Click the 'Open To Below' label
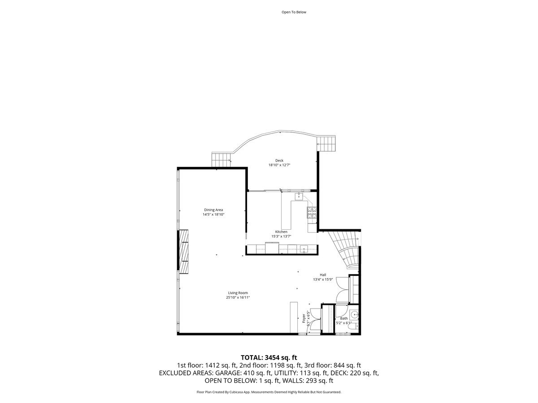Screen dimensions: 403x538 click(294, 12)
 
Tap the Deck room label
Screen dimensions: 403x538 click(279, 160)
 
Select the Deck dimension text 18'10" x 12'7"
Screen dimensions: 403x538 click(279, 165)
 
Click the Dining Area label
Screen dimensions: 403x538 click(213, 210)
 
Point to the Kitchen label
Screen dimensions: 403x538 click(281, 232)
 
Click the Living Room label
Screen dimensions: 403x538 click(238, 293)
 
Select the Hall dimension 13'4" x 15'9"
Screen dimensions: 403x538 click(323, 279)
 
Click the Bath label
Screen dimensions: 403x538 click(343, 318)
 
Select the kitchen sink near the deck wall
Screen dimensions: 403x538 click(299, 196)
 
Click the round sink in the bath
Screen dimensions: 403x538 click(354, 313)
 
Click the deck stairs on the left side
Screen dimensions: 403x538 click(221, 158)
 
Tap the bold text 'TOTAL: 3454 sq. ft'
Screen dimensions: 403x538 click(269, 357)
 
